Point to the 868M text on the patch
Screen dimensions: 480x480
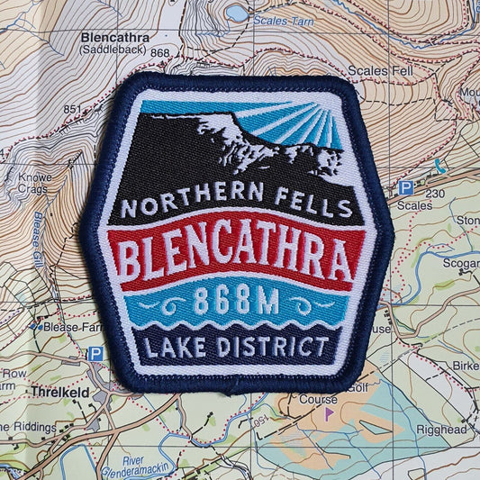(x=236, y=303)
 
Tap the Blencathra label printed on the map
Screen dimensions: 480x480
(x=114, y=38)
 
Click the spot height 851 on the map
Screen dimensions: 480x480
(x=72, y=110)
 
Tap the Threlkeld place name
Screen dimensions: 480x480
(x=59, y=394)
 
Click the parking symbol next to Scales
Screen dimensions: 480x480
(x=406, y=187)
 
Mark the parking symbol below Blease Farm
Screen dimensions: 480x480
(x=95, y=354)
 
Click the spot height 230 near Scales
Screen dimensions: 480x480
(x=436, y=192)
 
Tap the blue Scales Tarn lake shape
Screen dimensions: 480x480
(x=238, y=12)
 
